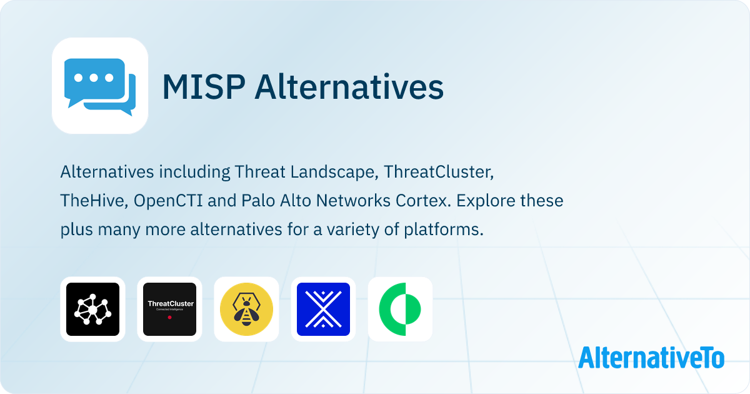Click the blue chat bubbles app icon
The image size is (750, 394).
pos(99,86)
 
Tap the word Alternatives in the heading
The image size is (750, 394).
pos(349,87)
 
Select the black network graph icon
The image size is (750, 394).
pos(92,309)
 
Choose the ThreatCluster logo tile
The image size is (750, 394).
pos(169,309)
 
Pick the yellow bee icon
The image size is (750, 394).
pos(246,309)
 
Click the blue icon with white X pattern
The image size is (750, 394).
pos(323,309)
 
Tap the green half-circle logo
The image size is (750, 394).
pos(400,309)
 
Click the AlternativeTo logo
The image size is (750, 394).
pos(651,358)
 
